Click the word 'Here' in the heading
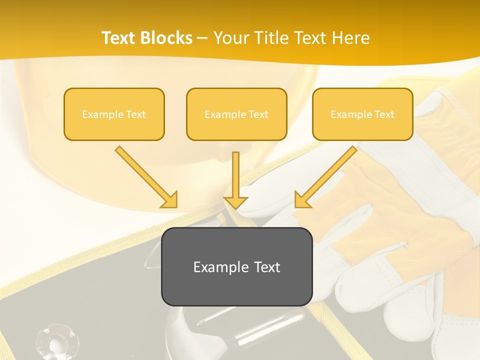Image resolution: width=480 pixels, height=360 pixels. point(350,38)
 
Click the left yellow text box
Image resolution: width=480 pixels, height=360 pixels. point(114,114)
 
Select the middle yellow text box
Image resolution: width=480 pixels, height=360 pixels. point(236,114)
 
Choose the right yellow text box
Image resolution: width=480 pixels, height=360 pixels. point(362,114)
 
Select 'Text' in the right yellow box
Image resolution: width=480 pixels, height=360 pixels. point(384,114)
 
